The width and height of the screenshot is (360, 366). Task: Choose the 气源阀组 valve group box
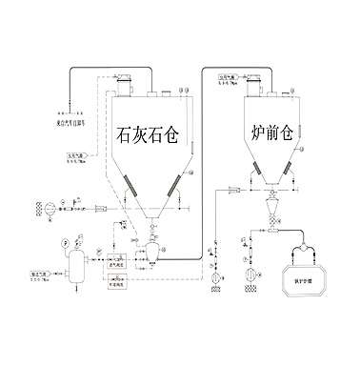coord(117,283)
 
